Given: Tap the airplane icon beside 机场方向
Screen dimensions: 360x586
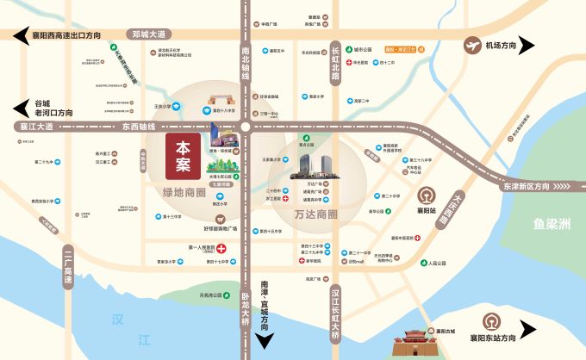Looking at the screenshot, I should point(472,45).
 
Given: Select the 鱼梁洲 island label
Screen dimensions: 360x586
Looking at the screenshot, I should point(552,225).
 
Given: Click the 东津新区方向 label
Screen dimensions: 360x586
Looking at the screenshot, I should point(522,186).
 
